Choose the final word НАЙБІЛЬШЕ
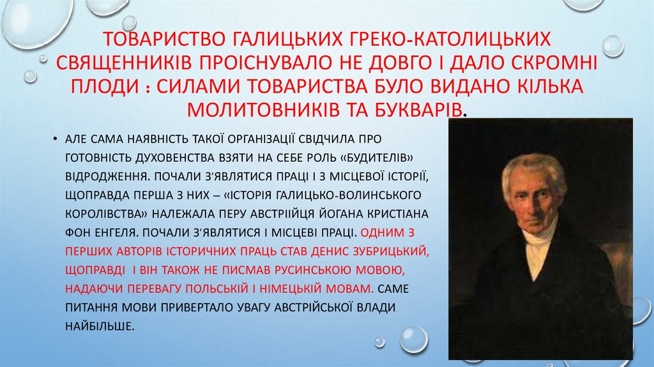click(x=100, y=325)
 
